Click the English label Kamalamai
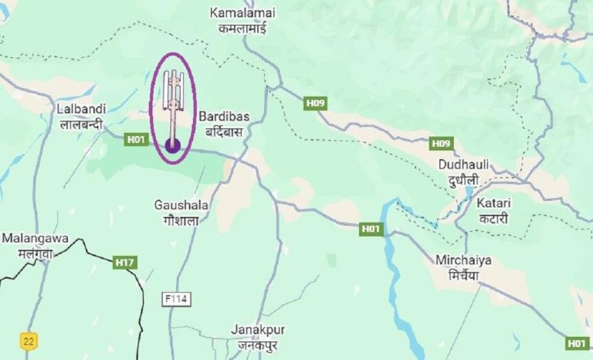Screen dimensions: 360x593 pos(241,13)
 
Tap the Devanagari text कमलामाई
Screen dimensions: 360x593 pos(241,27)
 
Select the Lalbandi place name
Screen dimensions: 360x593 pos(81,109)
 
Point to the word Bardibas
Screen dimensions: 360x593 pos(223,117)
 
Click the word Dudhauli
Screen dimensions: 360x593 pos(464,165)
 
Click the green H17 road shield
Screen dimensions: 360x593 pos(125,263)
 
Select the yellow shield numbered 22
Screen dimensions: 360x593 pos(29,341)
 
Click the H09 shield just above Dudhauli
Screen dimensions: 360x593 pos(441,144)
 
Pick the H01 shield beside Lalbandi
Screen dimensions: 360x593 pos(136,139)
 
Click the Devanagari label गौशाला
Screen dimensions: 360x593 pos(181,221)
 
